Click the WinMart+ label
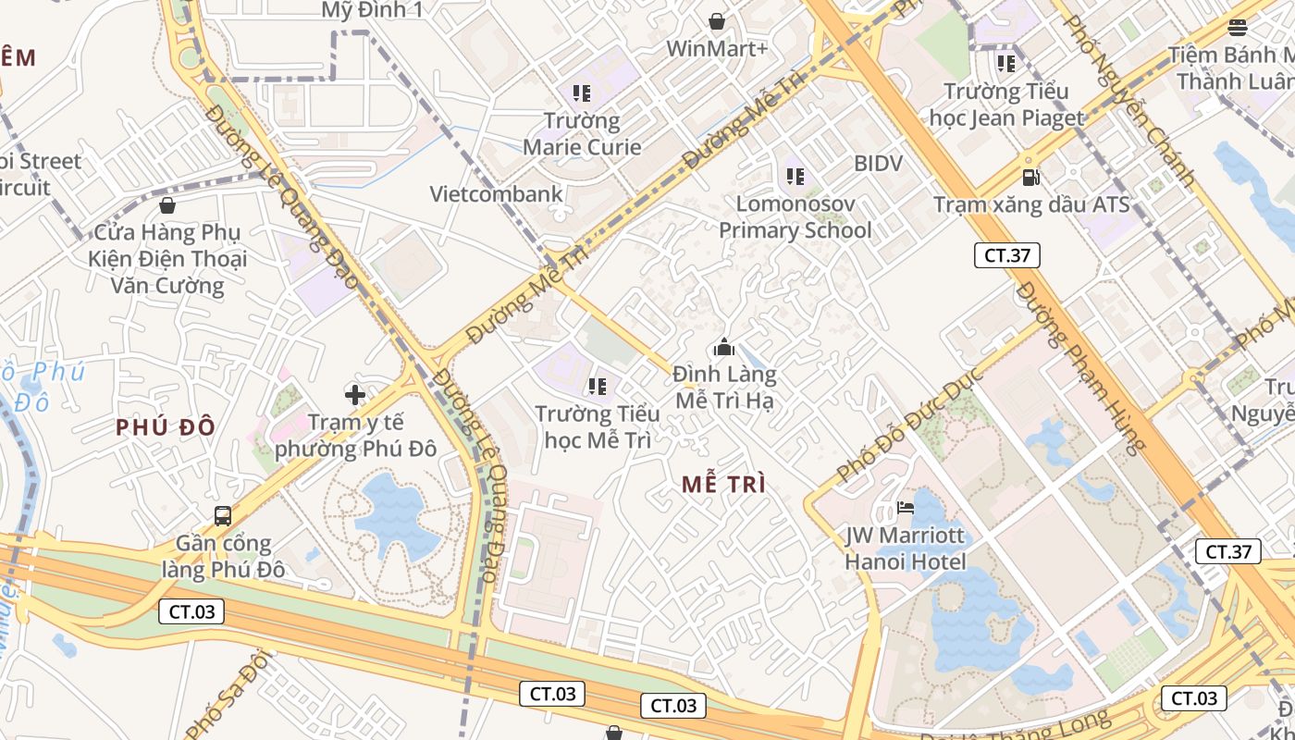point(717,49)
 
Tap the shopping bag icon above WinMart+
point(717,20)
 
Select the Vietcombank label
point(497,194)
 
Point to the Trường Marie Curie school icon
point(581,92)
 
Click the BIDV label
point(878,164)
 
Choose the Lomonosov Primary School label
point(795,216)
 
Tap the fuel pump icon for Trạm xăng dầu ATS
point(1030,176)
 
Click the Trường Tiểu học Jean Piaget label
point(1005,105)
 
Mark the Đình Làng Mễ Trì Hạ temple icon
point(723,348)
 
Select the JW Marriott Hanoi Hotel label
point(906,549)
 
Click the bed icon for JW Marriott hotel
point(906,507)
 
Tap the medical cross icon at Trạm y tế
point(355,396)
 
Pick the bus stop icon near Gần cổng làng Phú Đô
point(222,515)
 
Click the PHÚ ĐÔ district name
point(166,427)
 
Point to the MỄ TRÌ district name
point(723,485)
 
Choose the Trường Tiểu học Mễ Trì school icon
point(597,386)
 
